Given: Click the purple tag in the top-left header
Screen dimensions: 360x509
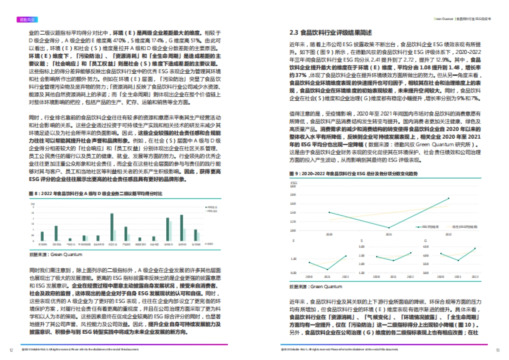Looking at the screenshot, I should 28,19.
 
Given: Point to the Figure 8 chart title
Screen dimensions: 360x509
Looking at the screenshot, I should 95,193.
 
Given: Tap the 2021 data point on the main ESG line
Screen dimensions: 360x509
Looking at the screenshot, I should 389,228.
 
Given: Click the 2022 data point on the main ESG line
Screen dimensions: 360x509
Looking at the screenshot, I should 449,198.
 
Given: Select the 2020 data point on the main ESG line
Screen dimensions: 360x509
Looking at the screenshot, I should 329,212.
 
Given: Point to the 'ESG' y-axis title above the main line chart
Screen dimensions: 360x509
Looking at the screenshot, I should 293,183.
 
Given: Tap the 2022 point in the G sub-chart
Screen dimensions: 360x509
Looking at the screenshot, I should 475,248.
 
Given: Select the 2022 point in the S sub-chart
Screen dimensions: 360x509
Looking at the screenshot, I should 411,253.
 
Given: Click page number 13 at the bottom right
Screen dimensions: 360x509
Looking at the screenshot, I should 498,350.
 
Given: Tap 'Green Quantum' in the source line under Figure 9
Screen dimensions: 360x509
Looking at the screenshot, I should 326,287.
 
